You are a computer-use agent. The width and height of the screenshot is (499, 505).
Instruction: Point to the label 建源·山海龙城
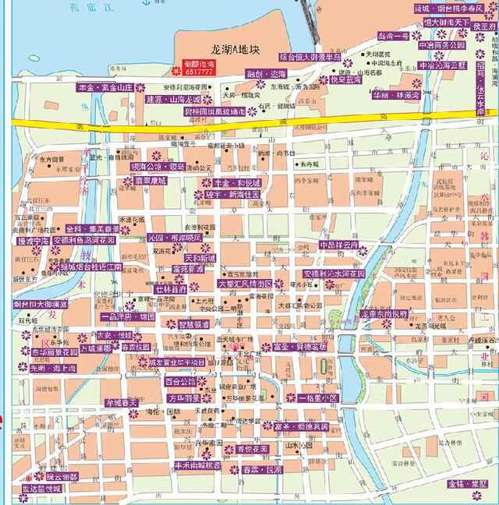tap(172, 100)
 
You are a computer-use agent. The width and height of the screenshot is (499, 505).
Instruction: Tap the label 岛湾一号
tap(393, 35)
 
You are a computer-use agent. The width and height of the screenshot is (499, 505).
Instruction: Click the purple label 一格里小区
tap(311, 398)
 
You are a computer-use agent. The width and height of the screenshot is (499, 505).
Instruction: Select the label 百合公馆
tap(181, 382)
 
